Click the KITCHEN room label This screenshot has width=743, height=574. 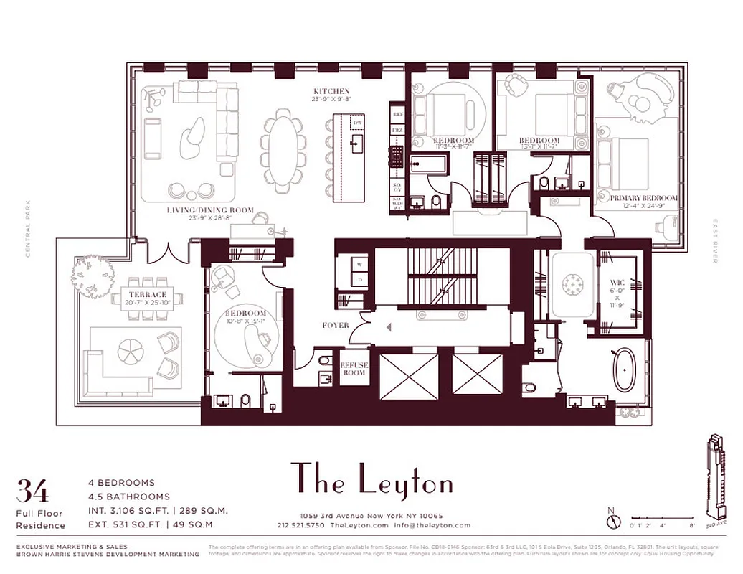coord(331,92)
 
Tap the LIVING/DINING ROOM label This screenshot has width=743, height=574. coord(212,210)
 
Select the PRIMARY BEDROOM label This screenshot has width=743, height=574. coord(643,198)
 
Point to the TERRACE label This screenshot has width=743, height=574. coord(148,295)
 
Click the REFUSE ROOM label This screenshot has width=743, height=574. coord(354,369)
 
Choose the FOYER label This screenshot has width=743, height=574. coord(336,326)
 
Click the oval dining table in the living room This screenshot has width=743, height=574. coord(282,150)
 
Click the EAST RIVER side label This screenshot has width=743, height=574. coord(714,240)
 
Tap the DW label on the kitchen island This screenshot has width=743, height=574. coord(357,123)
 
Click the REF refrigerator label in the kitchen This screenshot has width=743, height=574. coord(397,113)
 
